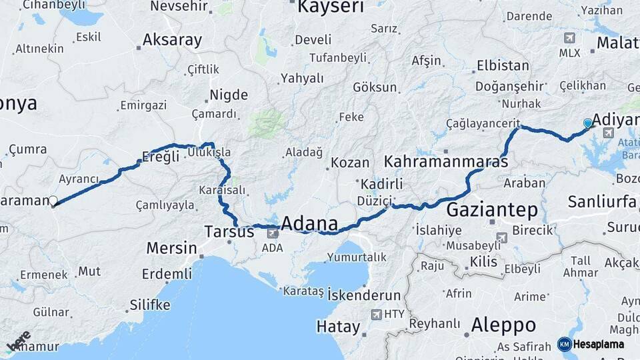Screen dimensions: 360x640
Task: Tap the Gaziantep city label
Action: click(x=492, y=210)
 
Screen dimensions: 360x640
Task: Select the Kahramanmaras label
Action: click(x=446, y=162)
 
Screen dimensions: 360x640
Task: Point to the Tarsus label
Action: click(x=229, y=232)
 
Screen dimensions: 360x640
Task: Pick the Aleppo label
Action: click(x=503, y=325)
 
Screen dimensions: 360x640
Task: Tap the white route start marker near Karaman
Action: click(x=53, y=200)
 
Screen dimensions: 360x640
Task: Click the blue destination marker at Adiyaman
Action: click(x=587, y=123)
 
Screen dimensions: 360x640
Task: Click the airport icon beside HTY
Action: click(x=376, y=314)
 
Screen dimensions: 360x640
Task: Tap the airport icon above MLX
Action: click(x=569, y=38)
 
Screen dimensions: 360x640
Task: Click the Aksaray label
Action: click(x=172, y=40)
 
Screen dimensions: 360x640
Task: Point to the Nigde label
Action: click(x=229, y=95)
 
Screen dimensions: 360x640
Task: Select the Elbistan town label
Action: click(x=503, y=66)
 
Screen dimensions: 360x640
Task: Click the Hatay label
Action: click(x=338, y=327)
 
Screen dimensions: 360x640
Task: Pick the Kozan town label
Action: click(x=350, y=163)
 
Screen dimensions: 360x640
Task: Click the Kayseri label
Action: click(x=331, y=7)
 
